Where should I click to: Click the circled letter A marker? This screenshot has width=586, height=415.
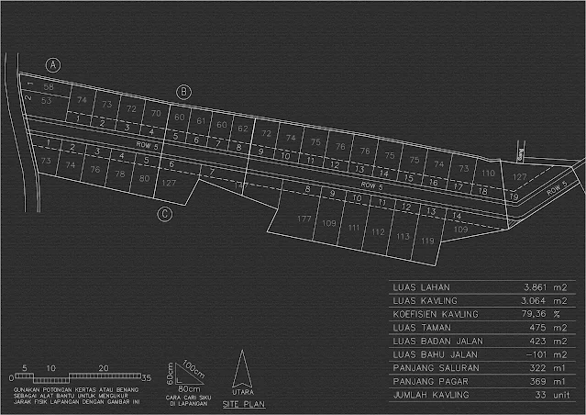[53, 65]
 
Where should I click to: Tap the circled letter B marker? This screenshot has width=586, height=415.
[183, 92]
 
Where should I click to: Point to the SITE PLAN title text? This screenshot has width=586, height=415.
[244, 402]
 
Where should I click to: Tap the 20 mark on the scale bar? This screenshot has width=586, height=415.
[104, 368]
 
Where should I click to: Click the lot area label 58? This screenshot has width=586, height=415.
[49, 87]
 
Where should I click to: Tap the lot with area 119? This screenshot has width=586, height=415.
[426, 241]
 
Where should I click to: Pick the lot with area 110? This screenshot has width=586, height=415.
[489, 173]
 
